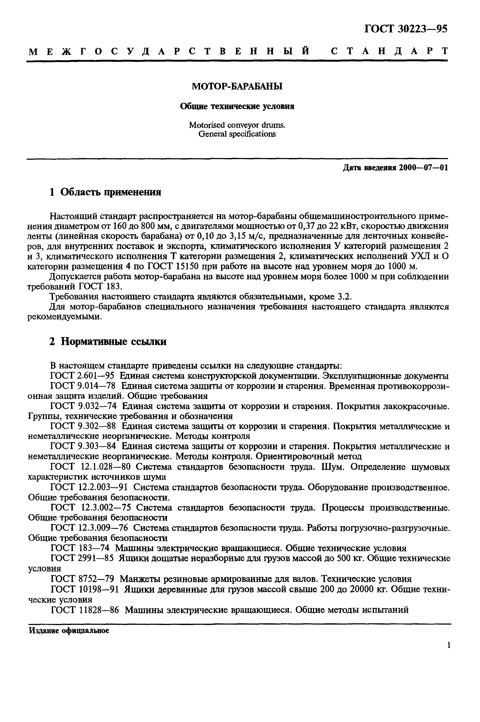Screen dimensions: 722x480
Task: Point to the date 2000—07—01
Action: click(x=424, y=168)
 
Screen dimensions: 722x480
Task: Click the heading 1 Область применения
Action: click(x=105, y=192)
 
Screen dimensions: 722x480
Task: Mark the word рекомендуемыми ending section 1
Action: click(x=64, y=317)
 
